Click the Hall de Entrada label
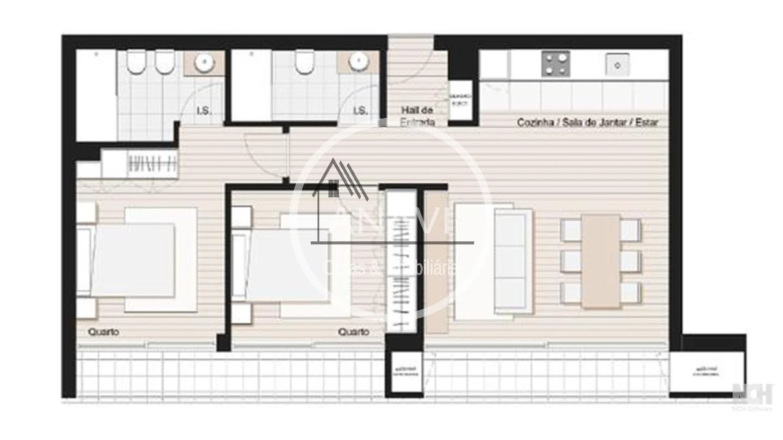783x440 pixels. coord(418,116)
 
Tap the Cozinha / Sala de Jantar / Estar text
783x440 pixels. coord(587,122)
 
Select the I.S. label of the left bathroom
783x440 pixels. coord(204,111)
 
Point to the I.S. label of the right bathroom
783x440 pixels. coord(360,111)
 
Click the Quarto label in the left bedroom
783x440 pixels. coord(103,332)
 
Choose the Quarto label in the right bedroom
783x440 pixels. coord(354,332)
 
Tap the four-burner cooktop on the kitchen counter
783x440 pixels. coord(555,64)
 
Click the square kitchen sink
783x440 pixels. coord(618,64)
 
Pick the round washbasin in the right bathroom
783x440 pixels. coord(359,62)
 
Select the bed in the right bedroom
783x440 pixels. coord(288,265)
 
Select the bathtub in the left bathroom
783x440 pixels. coord(96,95)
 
